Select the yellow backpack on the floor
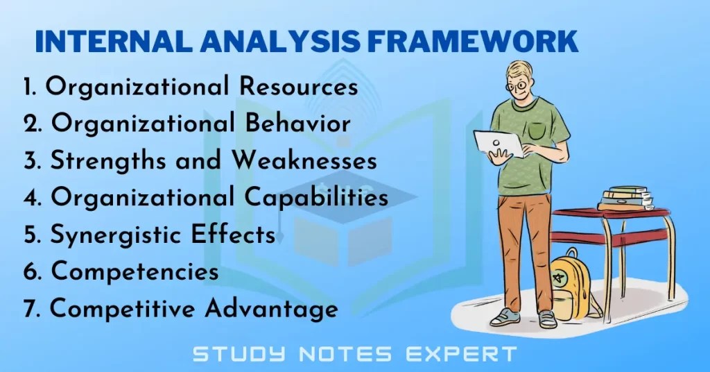pyautogui.click(x=570, y=284)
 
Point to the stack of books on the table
pyautogui.click(x=625, y=197)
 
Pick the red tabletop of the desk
pyautogui.click(x=610, y=216)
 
